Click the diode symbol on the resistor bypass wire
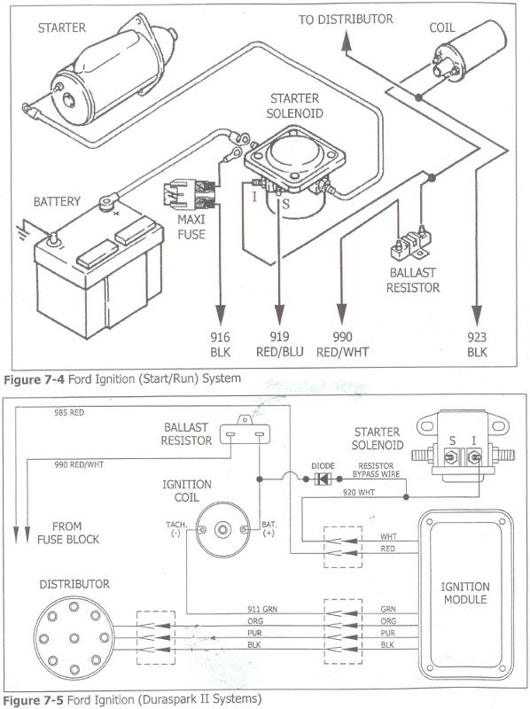[x=323, y=479]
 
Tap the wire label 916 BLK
[x=220, y=344]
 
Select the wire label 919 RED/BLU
[x=279, y=344]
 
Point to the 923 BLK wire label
[x=477, y=344]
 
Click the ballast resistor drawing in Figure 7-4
[x=410, y=245]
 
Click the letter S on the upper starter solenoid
[x=285, y=205]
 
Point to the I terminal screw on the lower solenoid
[x=474, y=457]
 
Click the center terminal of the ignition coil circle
[x=223, y=529]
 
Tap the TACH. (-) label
[x=175, y=528]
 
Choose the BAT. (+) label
[x=269, y=528]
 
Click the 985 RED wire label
[x=69, y=412]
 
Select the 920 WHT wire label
[x=359, y=493]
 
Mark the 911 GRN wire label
[x=262, y=609]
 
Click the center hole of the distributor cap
[x=74, y=638]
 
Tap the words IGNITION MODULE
[x=465, y=593]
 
